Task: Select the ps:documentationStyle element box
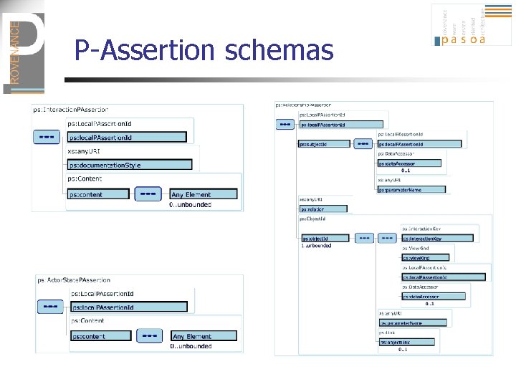click(129, 165)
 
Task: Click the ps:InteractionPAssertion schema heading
click(70, 110)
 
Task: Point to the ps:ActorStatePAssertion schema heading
click(74, 280)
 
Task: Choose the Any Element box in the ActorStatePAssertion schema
click(203, 336)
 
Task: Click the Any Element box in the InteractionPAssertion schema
click(203, 194)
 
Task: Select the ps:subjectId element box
click(322, 144)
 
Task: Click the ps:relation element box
click(322, 209)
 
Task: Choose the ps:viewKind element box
click(424, 257)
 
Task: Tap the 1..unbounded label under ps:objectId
click(316, 246)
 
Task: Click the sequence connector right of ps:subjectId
click(363, 143)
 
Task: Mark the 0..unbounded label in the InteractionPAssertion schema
click(190, 205)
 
